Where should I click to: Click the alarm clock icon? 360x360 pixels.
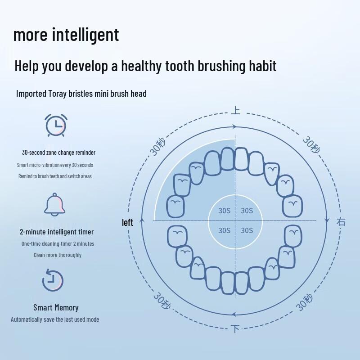coord(56,125)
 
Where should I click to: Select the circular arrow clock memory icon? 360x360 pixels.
coord(53,280)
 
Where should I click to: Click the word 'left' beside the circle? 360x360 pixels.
coord(128,222)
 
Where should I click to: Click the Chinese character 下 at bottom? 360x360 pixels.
coord(235,328)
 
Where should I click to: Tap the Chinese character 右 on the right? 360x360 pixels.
coord(341,221)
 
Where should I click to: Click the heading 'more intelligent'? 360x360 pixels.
coord(66,35)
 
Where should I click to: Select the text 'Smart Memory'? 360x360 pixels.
coord(56,308)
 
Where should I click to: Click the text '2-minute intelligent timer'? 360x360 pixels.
coord(57,232)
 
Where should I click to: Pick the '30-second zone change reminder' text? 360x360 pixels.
coord(58,153)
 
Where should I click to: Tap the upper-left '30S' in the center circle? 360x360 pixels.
coord(225,211)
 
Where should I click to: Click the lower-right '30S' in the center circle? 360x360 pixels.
coord(247,230)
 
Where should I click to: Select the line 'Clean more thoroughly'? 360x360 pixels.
coord(58,255)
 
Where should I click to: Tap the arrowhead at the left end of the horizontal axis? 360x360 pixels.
coord(143,220)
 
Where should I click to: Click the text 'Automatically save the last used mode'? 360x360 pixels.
coord(55,319)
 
